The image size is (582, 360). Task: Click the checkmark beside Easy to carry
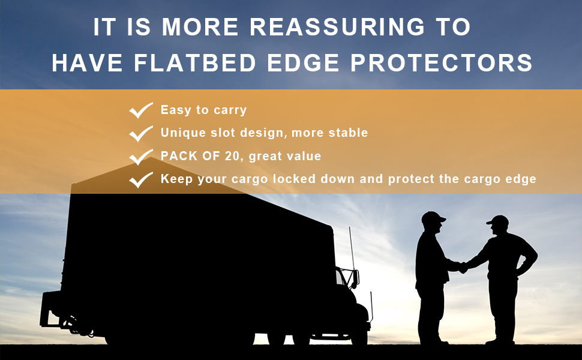[141, 110]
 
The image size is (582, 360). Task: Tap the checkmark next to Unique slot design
[141, 133]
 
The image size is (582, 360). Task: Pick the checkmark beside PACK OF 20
[141, 157]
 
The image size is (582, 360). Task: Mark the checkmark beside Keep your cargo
[141, 179]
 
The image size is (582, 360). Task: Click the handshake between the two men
[462, 267]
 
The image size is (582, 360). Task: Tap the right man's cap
[497, 221]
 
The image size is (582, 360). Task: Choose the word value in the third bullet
[303, 156]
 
